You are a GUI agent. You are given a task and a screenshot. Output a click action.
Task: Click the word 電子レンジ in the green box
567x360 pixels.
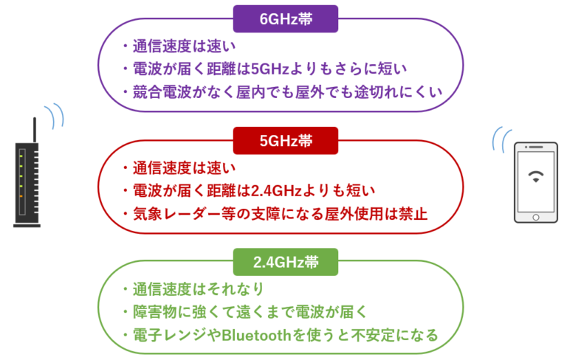(x=165, y=336)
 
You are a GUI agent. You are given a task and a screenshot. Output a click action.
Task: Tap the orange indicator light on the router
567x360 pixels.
(x=24, y=195)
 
